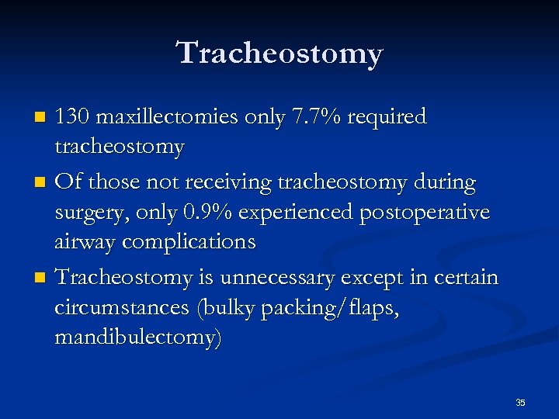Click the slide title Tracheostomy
pyautogui.click(x=279, y=54)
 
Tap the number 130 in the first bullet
pyautogui.click(x=76, y=117)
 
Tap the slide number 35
pyautogui.click(x=520, y=403)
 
